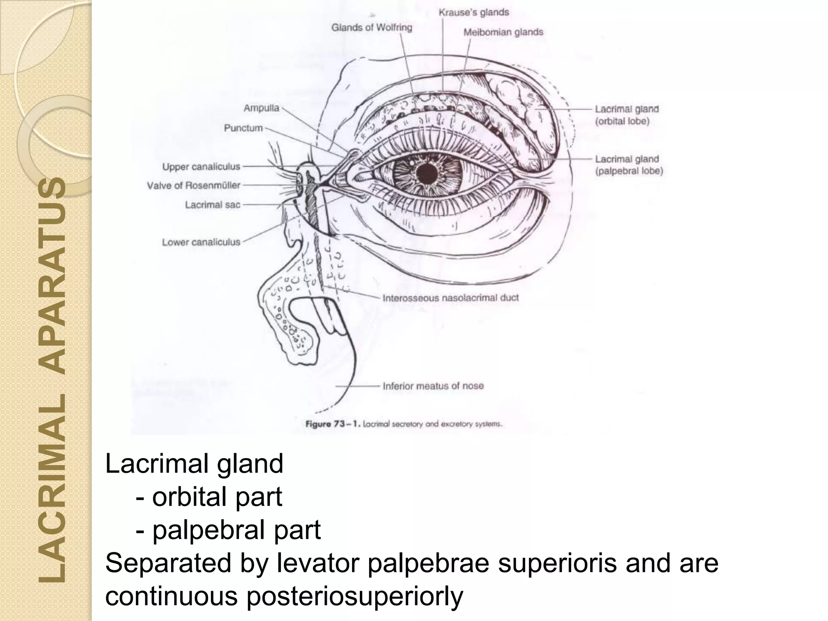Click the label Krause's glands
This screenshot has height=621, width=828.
[x=473, y=13]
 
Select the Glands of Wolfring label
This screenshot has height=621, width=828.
[x=372, y=27]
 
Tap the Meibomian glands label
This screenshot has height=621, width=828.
[x=503, y=32]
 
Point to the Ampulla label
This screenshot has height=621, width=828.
[x=261, y=108]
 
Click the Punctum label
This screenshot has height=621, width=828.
[x=243, y=128]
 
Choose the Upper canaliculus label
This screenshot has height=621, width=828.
[x=201, y=167]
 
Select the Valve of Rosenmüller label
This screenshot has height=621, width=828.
[x=193, y=186]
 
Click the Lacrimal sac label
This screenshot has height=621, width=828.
[x=212, y=205]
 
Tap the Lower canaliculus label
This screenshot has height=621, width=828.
[x=201, y=242]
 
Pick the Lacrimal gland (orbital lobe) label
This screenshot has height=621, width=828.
[x=626, y=115]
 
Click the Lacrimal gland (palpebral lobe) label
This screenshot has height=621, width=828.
[x=629, y=165]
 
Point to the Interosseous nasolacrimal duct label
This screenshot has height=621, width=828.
[x=450, y=298]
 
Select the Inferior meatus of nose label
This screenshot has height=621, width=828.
[x=433, y=386]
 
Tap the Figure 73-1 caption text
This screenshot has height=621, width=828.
[x=403, y=424]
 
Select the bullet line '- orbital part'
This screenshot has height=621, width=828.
[x=209, y=496]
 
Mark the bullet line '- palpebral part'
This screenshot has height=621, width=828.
[x=228, y=530]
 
